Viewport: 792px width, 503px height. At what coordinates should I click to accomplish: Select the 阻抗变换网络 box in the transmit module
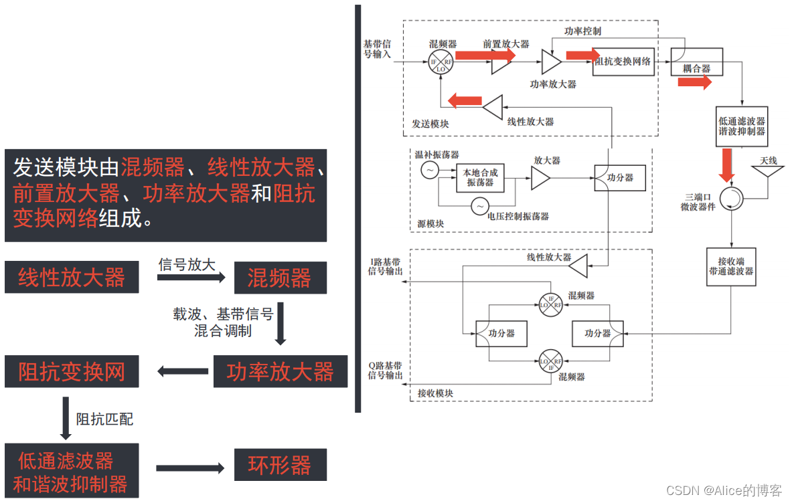[623, 62]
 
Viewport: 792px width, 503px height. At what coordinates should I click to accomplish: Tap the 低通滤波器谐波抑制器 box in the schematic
[742, 126]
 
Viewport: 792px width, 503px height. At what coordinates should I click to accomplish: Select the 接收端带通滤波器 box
[731, 266]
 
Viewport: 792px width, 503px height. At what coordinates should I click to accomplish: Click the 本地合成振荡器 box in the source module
[480, 177]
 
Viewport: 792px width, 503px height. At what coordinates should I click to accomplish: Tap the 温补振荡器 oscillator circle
[429, 171]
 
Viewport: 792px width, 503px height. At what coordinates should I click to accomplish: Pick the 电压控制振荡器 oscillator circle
[479, 207]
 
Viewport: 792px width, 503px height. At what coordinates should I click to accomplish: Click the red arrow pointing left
[464, 101]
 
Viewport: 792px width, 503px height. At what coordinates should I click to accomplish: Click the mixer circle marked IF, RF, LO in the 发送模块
[441, 64]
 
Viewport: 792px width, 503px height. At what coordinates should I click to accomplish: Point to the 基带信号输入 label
[377, 49]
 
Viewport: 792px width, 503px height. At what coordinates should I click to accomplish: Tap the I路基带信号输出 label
[384, 266]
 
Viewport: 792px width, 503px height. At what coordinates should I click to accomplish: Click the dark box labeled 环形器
[280, 465]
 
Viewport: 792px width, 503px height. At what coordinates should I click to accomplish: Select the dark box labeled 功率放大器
[280, 372]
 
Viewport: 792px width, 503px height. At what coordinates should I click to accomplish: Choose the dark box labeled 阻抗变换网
[72, 372]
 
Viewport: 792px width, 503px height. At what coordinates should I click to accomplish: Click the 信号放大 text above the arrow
[187, 265]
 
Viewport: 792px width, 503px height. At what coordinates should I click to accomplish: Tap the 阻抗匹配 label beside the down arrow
[104, 419]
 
